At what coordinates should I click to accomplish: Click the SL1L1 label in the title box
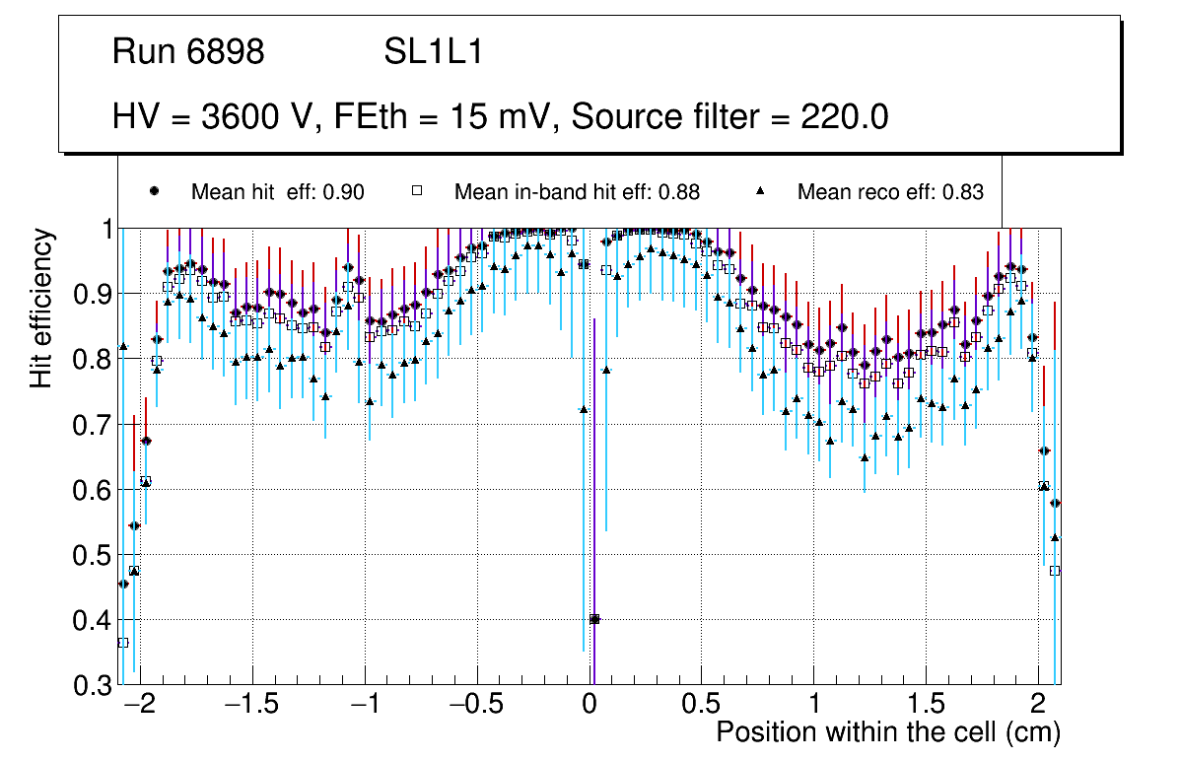pyautogui.click(x=433, y=52)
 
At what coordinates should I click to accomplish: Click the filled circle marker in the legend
pyautogui.click(x=154, y=191)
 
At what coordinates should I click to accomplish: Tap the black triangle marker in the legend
pyautogui.click(x=760, y=191)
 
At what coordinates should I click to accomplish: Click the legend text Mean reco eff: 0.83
pyautogui.click(x=890, y=192)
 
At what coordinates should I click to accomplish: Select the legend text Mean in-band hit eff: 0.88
pyautogui.click(x=577, y=192)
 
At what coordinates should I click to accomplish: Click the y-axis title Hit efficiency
pyautogui.click(x=41, y=308)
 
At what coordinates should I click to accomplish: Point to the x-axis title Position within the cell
pyautogui.click(x=887, y=733)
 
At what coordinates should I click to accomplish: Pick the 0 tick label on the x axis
pyautogui.click(x=589, y=706)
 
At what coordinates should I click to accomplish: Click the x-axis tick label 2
pyautogui.click(x=1037, y=706)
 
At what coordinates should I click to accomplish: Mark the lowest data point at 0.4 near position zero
pyautogui.click(x=594, y=619)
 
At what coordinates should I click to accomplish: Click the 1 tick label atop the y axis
pyautogui.click(x=103, y=230)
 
